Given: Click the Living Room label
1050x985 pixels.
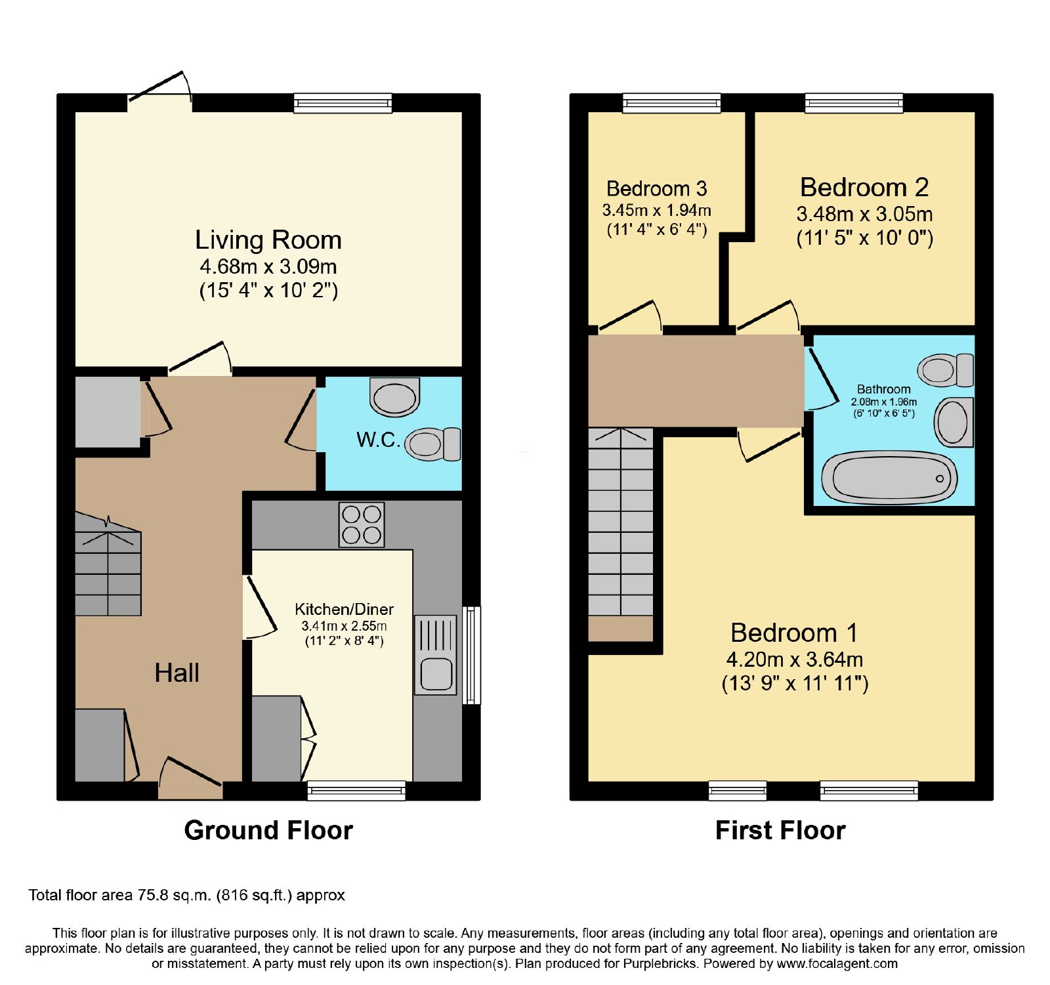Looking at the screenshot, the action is [x=268, y=240].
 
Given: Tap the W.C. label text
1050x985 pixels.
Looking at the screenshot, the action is [x=378, y=439].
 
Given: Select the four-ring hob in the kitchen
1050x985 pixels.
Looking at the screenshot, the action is [x=362, y=524].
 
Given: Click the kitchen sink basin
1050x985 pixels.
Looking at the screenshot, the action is [x=436, y=674].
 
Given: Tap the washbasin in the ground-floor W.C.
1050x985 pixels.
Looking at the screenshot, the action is [x=394, y=396].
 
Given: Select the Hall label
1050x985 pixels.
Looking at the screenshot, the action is [x=177, y=673].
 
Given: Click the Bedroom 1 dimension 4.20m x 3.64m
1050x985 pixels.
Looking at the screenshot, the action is [x=794, y=659].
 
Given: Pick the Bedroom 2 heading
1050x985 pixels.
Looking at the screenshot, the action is [x=864, y=187].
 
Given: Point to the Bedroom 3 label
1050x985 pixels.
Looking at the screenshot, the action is [x=657, y=188].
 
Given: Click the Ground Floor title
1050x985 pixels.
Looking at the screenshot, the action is [x=268, y=830].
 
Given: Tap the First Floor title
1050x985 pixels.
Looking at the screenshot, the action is [x=780, y=830].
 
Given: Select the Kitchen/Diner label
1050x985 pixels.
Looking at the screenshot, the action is [x=344, y=609].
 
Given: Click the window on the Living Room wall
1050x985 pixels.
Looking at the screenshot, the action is [x=343, y=103].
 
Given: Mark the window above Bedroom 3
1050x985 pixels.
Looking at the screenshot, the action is [x=671, y=103].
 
